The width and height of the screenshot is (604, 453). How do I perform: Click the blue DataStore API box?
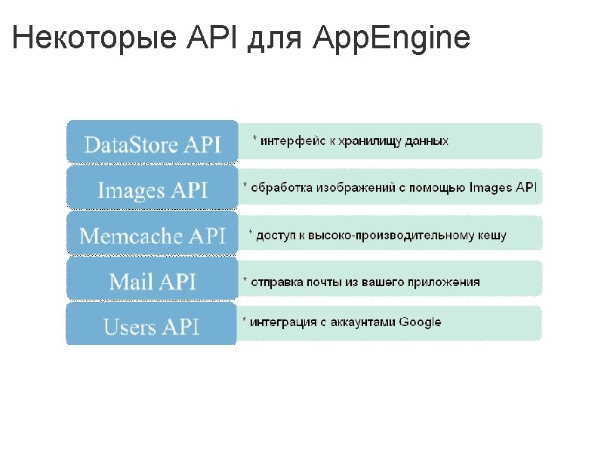[153, 143]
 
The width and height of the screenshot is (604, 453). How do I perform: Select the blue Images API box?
[153, 190]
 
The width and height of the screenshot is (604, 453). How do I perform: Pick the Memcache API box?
[153, 236]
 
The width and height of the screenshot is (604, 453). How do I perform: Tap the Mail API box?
[153, 282]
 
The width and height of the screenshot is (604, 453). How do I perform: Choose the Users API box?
[153, 327]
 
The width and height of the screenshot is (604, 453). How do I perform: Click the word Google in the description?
[420, 322]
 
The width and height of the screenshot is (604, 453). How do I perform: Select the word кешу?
[492, 236]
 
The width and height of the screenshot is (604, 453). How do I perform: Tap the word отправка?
[275, 282]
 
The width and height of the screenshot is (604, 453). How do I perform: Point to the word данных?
[427, 141]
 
